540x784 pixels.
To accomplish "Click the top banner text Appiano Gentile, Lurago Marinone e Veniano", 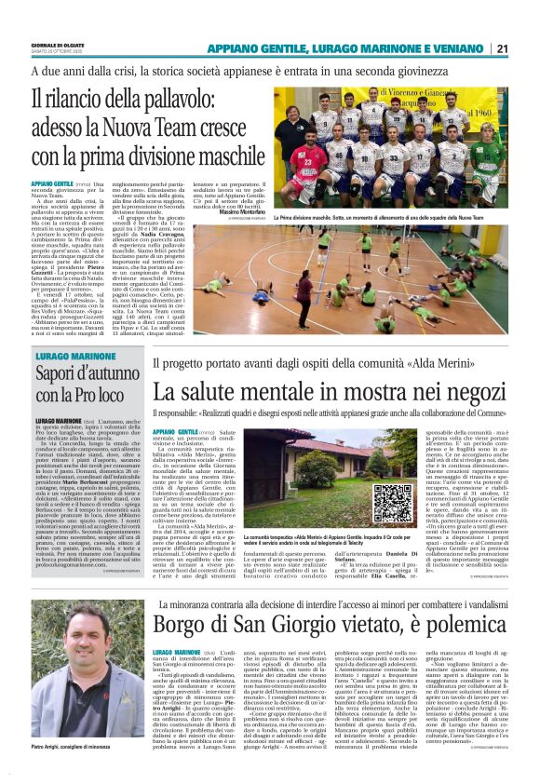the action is [348, 48].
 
